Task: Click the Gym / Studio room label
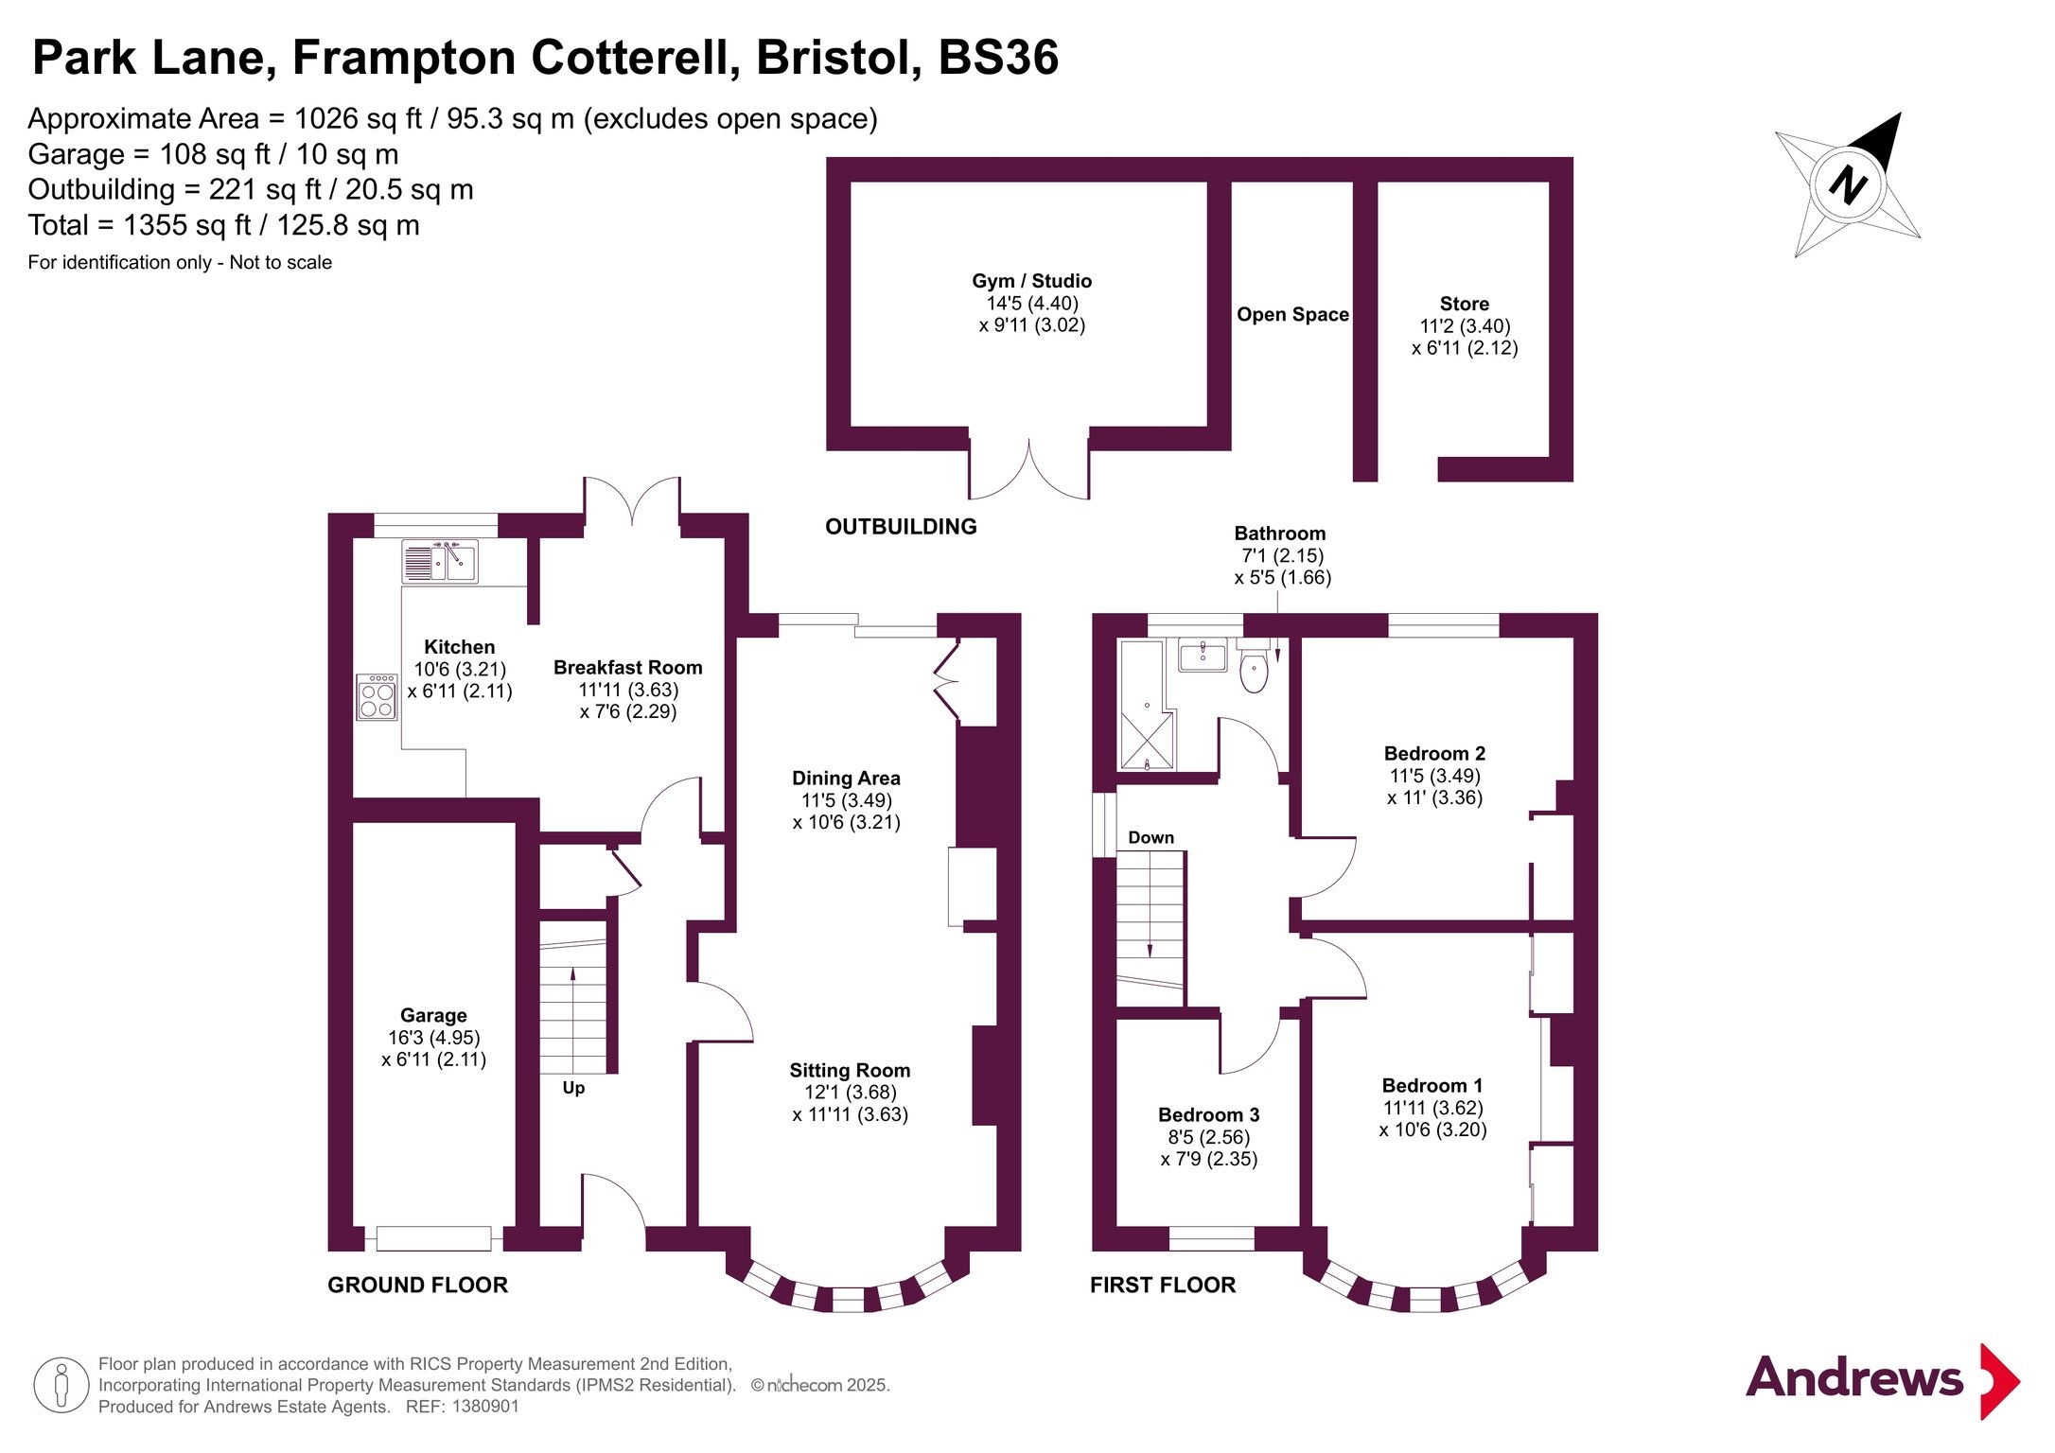(1031, 281)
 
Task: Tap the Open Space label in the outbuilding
(1292, 315)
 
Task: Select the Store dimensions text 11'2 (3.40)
(1465, 326)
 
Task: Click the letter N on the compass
(1847, 184)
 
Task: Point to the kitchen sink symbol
(440, 562)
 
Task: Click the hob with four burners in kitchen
(377, 697)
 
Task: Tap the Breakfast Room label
(627, 668)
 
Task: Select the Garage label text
(433, 1015)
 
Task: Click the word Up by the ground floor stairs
(573, 1088)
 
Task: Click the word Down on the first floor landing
(1150, 838)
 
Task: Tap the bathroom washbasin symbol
(1203, 654)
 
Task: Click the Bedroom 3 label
(1208, 1115)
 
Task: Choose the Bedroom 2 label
(1434, 754)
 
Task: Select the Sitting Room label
(850, 1071)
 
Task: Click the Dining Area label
(846, 779)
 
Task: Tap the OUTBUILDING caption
(901, 527)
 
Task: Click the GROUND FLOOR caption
(417, 1285)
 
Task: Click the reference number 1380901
(485, 1407)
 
